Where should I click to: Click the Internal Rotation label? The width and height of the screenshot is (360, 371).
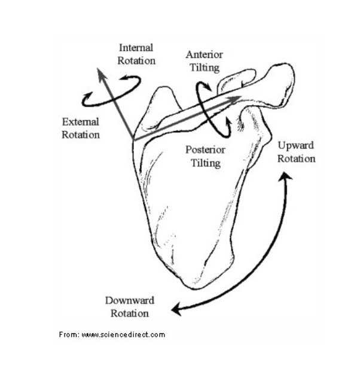137,54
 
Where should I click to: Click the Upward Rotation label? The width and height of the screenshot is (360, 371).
295,152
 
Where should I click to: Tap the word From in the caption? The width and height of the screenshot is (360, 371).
68,334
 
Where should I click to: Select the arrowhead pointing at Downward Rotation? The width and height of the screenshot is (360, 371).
174,309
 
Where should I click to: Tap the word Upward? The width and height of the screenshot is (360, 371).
295,146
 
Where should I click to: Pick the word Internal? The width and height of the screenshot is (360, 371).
137,48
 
